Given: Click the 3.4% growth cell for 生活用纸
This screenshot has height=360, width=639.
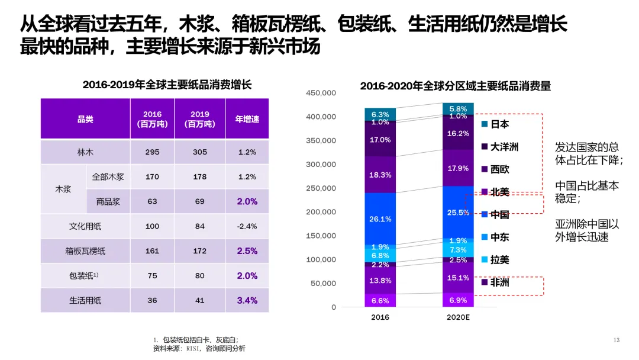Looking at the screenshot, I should pos(247,300).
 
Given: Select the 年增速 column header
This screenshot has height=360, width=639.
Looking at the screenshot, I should pos(247,119).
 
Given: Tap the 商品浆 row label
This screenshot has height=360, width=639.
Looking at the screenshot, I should pos(108,201).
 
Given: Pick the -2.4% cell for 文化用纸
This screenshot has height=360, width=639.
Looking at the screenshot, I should pos(247,226).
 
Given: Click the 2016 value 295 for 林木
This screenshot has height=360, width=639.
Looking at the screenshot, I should pos(152,152).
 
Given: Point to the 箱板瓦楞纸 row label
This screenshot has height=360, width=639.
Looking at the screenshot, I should pos(85,251).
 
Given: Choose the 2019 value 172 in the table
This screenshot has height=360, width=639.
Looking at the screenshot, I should pos(199,251).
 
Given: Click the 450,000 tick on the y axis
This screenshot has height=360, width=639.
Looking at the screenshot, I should pos(321,93).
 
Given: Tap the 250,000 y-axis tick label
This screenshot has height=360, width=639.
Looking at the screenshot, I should pos(321,188).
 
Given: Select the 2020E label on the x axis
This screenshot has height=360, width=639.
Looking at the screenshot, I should pos(457,317).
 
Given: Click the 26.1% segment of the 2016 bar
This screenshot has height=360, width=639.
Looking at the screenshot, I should pos(380,218).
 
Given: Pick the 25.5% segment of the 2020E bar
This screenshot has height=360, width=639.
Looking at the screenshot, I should pos(458,213).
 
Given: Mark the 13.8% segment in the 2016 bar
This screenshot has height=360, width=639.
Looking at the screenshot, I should pos(380,280).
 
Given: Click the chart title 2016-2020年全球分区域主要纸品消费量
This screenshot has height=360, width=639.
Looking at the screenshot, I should pos(455,86).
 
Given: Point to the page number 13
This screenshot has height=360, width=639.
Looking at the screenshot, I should pos(616,340).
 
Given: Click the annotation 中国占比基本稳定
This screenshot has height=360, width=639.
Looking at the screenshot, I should pos(586,191).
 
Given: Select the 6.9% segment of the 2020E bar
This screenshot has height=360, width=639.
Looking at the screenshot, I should pos(458,301).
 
